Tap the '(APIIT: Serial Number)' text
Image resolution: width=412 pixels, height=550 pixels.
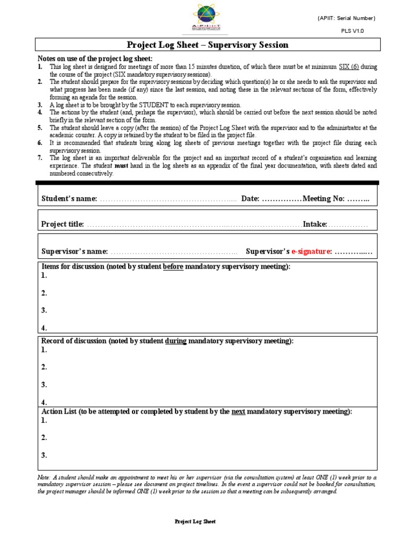(x=347, y=18)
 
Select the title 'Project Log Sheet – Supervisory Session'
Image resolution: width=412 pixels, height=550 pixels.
(x=207, y=45)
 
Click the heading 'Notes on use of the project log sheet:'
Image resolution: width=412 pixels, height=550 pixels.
(x=94, y=58)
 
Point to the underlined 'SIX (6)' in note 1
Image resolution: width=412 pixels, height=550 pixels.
(x=349, y=67)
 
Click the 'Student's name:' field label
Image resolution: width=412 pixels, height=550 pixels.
(x=69, y=199)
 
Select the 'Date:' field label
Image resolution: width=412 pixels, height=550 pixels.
(x=251, y=199)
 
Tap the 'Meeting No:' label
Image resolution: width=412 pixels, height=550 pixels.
(x=323, y=199)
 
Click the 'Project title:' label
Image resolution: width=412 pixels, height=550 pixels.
(x=63, y=224)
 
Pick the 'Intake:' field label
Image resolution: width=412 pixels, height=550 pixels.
(x=315, y=224)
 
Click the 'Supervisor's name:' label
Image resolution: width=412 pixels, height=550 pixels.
(x=75, y=251)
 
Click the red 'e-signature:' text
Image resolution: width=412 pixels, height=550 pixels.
(x=312, y=251)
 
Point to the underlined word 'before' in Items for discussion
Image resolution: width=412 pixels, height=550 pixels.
(x=173, y=267)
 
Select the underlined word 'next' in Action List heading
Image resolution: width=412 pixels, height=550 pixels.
(x=239, y=411)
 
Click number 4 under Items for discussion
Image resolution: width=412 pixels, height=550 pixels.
(x=44, y=328)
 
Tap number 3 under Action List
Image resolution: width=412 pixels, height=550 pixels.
(x=44, y=455)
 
